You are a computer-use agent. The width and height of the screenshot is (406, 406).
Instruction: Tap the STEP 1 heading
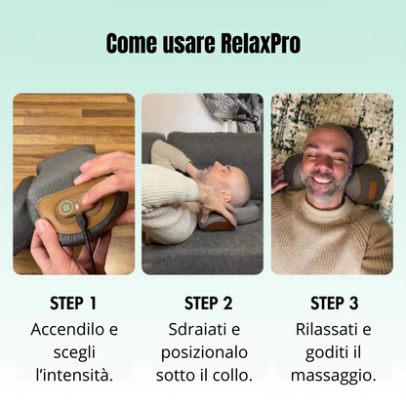[73, 304]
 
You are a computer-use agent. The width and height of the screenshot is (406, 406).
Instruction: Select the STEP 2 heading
[202, 304]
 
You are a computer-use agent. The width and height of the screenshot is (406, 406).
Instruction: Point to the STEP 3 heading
[333, 304]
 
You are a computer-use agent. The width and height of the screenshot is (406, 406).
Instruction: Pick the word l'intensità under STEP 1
[73, 374]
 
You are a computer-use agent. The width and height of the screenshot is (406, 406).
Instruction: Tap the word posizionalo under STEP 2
[202, 351]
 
